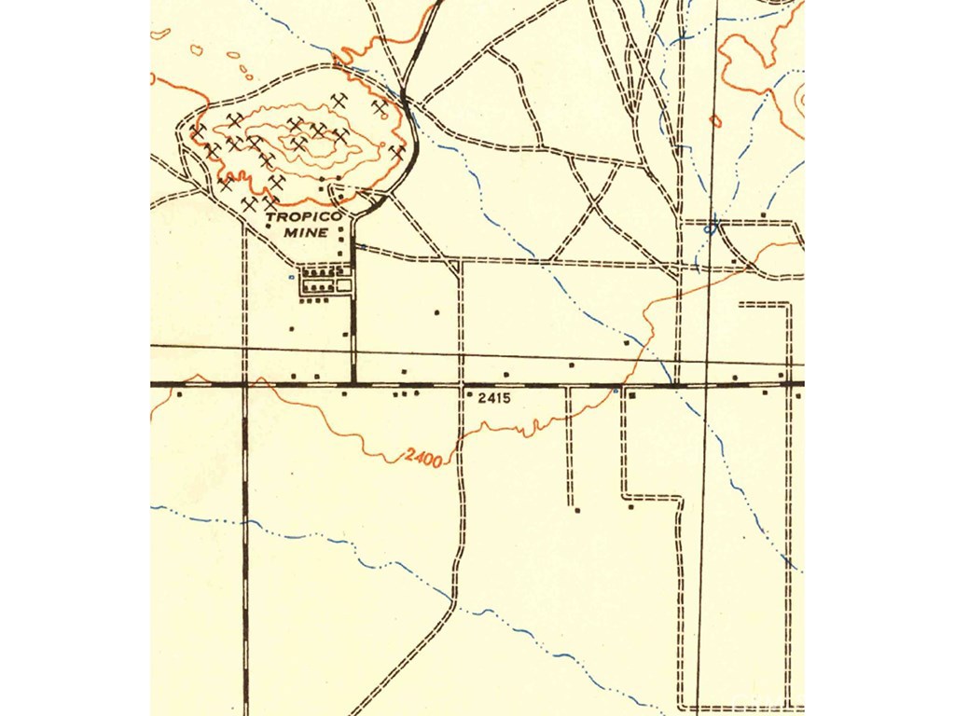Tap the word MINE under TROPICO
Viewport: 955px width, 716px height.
[x=309, y=232]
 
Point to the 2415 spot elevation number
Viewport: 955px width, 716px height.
[x=495, y=398]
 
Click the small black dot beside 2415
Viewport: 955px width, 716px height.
[x=468, y=395]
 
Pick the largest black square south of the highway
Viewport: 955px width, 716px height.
[x=631, y=395]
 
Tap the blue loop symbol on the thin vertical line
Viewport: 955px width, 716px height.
[x=713, y=225]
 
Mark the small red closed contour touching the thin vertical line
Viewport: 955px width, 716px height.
[x=715, y=120]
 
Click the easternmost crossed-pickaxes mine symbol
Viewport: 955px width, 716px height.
[x=397, y=150]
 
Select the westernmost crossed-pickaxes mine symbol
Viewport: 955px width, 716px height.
[x=198, y=131]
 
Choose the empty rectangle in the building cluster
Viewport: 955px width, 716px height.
[x=344, y=286]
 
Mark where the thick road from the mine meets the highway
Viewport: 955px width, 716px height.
[x=353, y=382]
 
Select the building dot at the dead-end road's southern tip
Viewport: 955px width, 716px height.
[x=576, y=510]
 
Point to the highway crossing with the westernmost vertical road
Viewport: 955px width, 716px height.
[x=244, y=383]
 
